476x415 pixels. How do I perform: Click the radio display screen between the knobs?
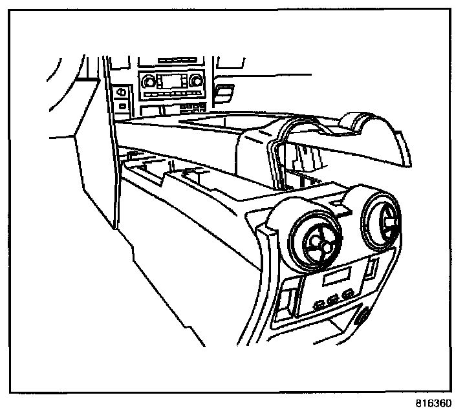click(171, 81)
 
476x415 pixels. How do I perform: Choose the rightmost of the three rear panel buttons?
click(348, 293)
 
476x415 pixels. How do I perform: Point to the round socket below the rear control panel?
click(362, 317)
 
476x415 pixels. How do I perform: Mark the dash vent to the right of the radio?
click(224, 91)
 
